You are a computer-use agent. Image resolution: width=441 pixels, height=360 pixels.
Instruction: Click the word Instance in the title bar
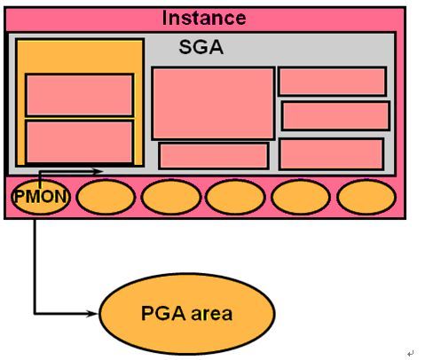(204, 18)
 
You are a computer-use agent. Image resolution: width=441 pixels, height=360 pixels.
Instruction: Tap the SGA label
(201, 47)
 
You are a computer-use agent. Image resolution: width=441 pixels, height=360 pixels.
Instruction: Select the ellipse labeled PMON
(41, 197)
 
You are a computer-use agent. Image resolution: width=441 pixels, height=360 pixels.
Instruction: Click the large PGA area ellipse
(187, 313)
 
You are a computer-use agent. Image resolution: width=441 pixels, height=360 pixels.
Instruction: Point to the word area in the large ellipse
(211, 314)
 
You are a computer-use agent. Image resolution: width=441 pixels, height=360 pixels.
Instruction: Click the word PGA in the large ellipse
(163, 313)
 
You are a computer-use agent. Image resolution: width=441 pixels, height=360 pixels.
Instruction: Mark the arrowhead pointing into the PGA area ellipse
(92, 314)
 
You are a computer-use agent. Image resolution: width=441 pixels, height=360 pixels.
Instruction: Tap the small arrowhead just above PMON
(97, 171)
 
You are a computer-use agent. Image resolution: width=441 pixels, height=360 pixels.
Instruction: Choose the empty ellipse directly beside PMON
(106, 197)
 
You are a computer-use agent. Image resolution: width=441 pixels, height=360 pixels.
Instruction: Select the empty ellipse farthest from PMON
(366, 197)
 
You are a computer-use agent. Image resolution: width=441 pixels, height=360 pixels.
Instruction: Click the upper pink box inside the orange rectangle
(80, 95)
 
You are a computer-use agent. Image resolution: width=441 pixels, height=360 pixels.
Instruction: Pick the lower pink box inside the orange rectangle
(80, 142)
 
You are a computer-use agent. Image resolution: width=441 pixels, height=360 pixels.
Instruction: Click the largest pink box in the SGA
(213, 103)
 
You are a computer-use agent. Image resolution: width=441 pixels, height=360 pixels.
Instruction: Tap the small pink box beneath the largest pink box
(214, 156)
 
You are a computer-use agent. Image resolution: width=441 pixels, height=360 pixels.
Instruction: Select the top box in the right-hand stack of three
(333, 82)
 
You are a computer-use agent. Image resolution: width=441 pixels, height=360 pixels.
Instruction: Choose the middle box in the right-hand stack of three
(335, 115)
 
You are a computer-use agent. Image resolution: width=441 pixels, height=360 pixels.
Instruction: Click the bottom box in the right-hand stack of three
(332, 154)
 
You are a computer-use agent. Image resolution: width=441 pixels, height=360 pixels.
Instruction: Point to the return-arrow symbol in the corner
(411, 353)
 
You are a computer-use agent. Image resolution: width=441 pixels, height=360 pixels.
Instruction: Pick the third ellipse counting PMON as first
(171, 197)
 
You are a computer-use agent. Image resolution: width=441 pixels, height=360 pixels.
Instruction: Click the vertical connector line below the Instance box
(35, 266)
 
